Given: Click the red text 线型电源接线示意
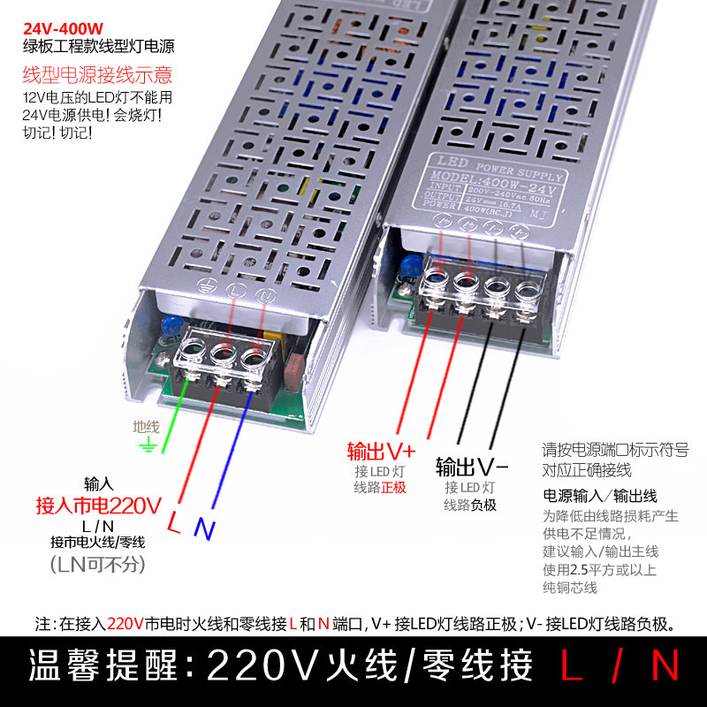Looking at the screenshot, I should click(x=97, y=75).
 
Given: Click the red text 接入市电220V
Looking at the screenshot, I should click(x=98, y=506).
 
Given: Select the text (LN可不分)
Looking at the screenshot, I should click(x=98, y=564).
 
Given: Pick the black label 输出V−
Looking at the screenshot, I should click(x=472, y=466).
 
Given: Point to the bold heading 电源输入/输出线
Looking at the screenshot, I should click(x=600, y=497).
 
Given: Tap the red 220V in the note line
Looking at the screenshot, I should click(x=125, y=624).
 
